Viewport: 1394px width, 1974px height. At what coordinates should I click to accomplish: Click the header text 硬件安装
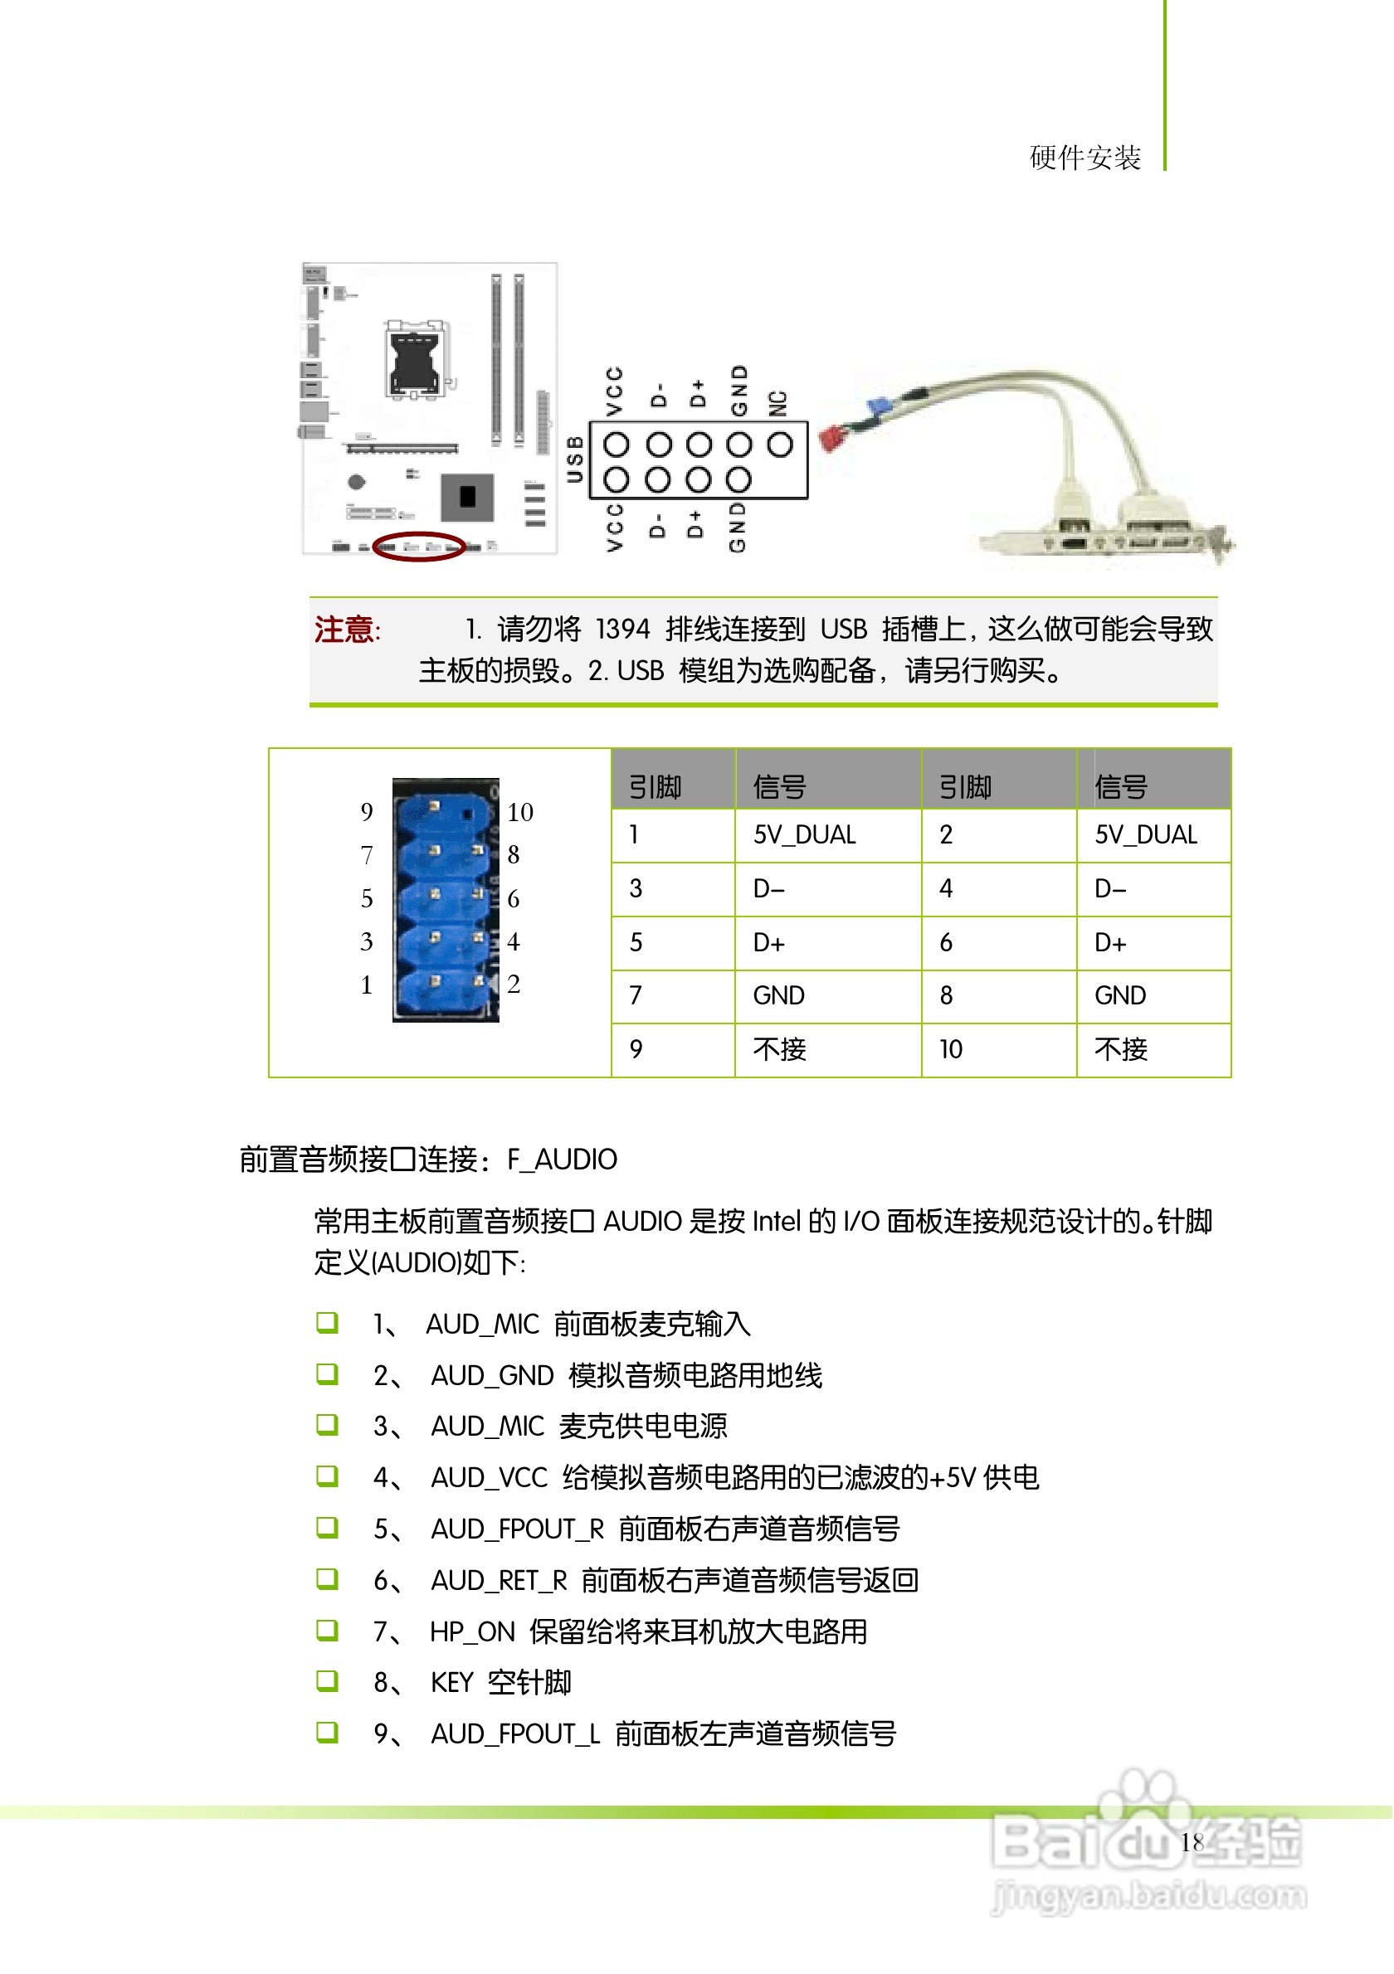1085,158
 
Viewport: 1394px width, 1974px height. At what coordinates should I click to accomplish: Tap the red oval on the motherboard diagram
419,546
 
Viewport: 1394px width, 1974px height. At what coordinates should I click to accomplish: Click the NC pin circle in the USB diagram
780,445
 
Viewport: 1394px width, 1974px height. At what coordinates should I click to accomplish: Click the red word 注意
345,630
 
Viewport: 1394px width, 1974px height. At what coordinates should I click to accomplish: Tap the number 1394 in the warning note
622,630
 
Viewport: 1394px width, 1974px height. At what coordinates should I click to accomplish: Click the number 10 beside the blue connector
519,813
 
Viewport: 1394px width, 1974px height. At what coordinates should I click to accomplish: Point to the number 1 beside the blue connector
368,985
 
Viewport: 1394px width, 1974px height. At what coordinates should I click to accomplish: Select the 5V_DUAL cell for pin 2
1145,836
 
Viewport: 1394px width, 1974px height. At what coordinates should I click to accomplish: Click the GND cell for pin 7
779,995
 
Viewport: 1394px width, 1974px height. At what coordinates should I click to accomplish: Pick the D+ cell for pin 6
1110,943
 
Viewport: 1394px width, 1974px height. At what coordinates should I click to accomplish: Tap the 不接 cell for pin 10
1120,1049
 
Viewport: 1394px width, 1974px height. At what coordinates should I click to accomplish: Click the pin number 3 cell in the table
636,889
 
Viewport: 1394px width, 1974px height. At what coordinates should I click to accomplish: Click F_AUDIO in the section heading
563,1160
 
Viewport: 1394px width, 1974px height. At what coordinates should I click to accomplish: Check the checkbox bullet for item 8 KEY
327,1681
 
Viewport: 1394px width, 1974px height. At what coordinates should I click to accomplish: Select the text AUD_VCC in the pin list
490,1478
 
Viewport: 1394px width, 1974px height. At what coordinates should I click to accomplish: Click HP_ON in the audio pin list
472,1631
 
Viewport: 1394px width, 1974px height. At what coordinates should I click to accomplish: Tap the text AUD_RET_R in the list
499,1580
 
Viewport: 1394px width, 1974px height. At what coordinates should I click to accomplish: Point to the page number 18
1192,1842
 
